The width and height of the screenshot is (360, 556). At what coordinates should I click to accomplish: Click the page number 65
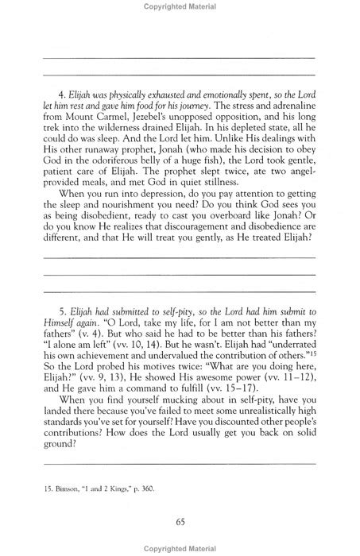(179, 521)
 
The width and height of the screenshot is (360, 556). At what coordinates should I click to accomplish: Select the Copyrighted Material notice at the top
(180, 7)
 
